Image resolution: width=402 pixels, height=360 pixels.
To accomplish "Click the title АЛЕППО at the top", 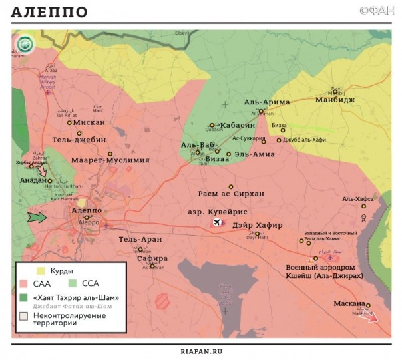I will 49,13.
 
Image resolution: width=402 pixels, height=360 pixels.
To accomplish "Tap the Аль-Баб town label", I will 196,144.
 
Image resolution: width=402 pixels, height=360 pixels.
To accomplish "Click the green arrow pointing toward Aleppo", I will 37,217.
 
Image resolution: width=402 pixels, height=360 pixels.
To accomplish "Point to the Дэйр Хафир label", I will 258,225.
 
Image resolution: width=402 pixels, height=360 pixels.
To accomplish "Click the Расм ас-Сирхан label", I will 230,194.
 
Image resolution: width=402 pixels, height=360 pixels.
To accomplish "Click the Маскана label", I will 349,304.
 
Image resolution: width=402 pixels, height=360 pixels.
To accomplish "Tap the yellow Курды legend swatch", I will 41,271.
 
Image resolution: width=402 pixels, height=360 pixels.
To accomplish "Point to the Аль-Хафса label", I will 357,198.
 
